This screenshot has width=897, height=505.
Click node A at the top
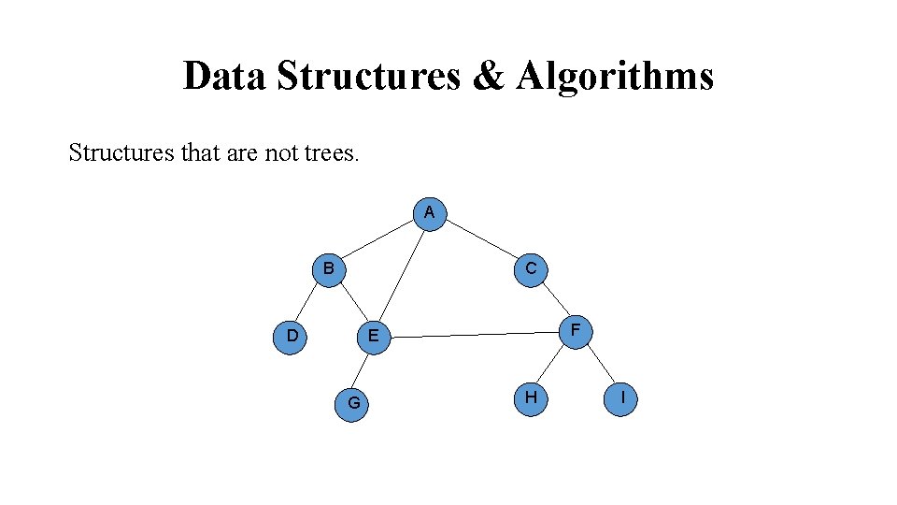(x=429, y=212)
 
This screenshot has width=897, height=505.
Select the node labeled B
(x=328, y=268)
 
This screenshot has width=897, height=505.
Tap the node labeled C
(x=531, y=268)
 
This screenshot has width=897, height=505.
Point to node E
(x=373, y=336)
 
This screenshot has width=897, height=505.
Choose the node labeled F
(x=576, y=330)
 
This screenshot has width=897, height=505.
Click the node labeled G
(x=353, y=403)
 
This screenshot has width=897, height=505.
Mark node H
(x=531, y=397)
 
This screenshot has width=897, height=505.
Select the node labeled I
(x=621, y=397)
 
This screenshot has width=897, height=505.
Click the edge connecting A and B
(x=378, y=240)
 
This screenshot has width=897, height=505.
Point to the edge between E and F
(x=474, y=333)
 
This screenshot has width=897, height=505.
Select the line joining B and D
(x=309, y=301)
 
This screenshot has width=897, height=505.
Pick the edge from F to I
(x=599, y=364)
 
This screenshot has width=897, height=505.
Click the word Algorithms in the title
(x=615, y=76)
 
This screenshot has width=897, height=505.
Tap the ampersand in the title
(x=488, y=76)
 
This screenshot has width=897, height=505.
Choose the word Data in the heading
(x=224, y=76)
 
